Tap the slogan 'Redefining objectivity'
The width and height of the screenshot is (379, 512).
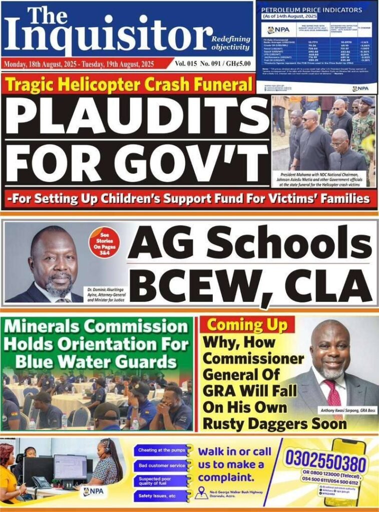click(230, 43)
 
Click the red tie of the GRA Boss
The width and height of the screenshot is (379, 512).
click(333, 393)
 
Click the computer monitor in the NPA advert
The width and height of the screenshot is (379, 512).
click(70, 466)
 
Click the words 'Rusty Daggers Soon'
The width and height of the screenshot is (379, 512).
click(274, 423)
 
